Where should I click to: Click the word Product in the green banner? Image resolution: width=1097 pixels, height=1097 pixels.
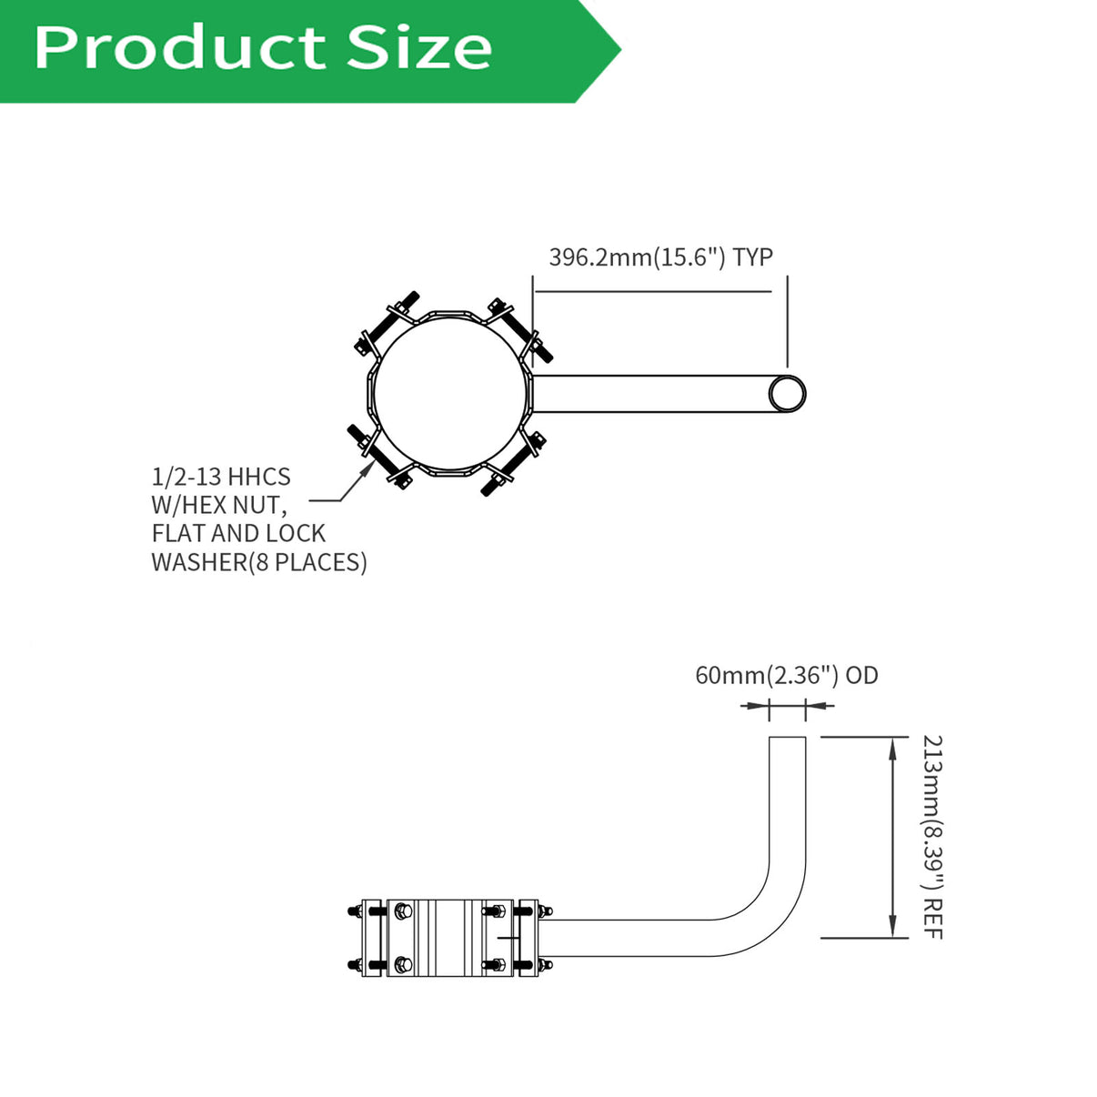point(180,48)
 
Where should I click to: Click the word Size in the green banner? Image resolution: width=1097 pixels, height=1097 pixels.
point(419,48)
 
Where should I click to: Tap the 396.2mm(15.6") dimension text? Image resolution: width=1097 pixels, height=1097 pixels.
point(637,257)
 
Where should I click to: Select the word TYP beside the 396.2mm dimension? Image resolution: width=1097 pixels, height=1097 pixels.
point(752,257)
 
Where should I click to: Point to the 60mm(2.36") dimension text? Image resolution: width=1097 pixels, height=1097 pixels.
point(767,675)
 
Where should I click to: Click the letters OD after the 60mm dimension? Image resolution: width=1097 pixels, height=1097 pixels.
point(862,675)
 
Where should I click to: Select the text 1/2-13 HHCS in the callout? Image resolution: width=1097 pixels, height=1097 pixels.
point(221,477)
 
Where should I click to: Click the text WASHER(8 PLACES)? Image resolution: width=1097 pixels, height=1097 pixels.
point(259,562)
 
